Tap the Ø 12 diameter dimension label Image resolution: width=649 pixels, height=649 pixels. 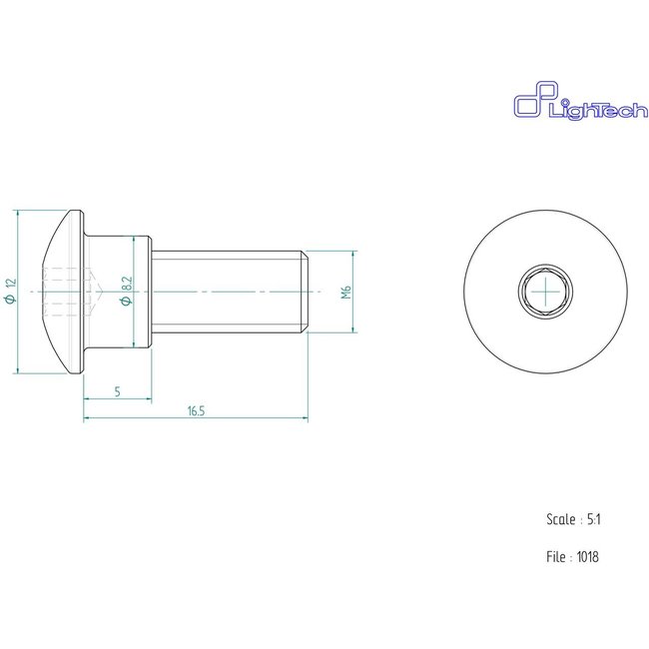pos(11,291)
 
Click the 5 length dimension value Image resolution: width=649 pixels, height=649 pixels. pos(117,391)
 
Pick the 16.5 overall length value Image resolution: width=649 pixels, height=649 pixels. pos(195,411)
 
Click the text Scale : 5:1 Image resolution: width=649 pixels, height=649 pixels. pos(572,520)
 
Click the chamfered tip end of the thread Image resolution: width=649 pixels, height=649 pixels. pos(304,291)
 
